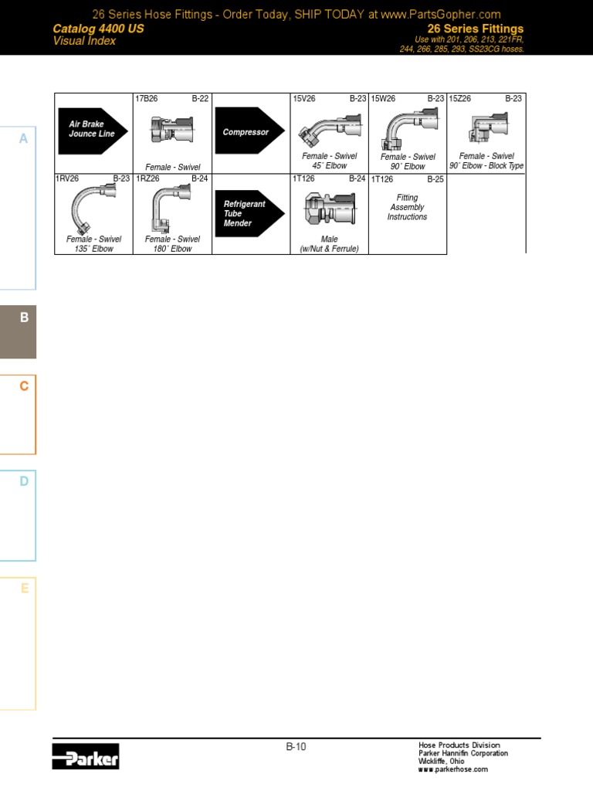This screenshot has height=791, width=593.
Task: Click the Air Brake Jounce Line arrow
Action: (x=93, y=131)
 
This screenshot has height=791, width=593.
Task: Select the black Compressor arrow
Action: (x=249, y=131)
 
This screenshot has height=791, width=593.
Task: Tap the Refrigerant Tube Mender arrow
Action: (x=249, y=213)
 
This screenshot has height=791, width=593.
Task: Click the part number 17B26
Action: (x=146, y=98)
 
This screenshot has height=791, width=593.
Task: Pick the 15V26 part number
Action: (x=304, y=98)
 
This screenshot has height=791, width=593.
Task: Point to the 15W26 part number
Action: (x=383, y=98)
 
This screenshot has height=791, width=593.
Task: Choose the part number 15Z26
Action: (x=460, y=98)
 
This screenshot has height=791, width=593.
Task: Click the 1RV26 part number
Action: (x=67, y=178)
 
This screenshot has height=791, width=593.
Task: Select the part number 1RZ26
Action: (x=147, y=178)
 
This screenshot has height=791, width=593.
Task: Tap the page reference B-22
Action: (x=200, y=98)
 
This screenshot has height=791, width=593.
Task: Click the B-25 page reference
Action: (x=435, y=179)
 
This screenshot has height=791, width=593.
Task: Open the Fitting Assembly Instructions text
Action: (x=407, y=207)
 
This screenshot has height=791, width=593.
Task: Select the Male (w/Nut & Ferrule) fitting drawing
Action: (x=330, y=209)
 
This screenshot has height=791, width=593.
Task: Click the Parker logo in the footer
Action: (x=86, y=756)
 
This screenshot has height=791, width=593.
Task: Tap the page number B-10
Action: (x=296, y=747)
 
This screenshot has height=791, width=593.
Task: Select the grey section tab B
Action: (x=19, y=332)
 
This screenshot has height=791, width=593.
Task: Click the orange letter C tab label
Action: (x=24, y=386)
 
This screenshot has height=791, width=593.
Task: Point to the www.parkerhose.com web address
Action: (x=452, y=769)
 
